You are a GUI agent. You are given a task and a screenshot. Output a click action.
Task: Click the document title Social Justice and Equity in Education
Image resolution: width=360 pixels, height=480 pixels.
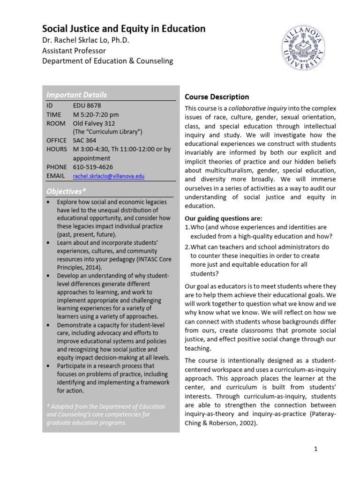click(124, 29)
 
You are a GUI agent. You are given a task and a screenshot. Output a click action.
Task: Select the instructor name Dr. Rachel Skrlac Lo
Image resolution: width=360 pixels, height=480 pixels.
click(85, 41)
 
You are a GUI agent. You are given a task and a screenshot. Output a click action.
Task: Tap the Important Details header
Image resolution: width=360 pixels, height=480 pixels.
click(76, 95)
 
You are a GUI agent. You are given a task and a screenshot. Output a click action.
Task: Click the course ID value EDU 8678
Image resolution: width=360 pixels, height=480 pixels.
click(87, 105)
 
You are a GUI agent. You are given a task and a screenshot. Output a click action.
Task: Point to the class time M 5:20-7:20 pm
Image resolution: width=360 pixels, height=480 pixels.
click(96, 114)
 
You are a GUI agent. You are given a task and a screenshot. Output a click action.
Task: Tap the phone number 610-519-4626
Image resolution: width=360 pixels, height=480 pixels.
click(93, 167)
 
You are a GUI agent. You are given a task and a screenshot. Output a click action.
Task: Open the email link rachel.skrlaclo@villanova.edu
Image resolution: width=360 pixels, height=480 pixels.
click(109, 176)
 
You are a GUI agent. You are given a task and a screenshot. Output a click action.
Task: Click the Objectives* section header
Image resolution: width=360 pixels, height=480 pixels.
click(66, 191)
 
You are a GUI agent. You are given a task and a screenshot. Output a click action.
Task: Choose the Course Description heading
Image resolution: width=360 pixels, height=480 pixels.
click(217, 97)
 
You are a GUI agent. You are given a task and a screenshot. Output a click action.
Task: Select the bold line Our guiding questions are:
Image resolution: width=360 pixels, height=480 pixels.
click(224, 218)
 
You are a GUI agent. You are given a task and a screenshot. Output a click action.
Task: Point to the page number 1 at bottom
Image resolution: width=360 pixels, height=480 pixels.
click(316, 449)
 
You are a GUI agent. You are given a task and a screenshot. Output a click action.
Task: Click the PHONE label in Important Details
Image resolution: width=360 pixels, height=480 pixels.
click(57, 167)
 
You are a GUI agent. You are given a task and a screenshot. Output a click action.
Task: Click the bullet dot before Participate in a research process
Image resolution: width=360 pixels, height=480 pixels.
click(49, 366)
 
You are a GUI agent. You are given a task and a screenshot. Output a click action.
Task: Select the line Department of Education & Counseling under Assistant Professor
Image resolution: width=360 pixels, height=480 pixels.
click(107, 61)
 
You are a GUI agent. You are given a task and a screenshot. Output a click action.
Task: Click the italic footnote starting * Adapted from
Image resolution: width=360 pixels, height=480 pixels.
click(105, 414)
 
